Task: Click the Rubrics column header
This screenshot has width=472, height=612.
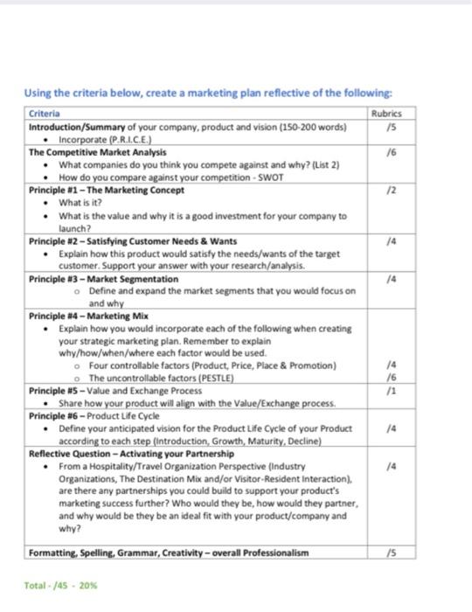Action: point(385,114)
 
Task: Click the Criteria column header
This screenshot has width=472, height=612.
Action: point(45,114)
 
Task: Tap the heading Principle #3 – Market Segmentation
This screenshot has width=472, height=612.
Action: point(103,278)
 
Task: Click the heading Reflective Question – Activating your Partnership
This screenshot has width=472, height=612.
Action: point(131,454)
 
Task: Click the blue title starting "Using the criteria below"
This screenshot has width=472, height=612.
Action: point(207,94)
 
